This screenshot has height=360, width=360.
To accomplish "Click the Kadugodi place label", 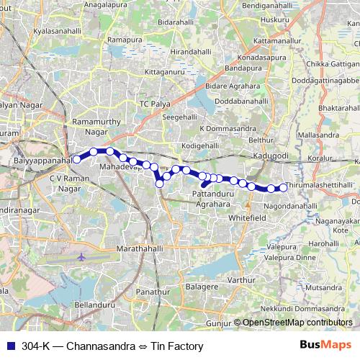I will [271, 156].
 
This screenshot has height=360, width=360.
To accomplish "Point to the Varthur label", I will [241, 279].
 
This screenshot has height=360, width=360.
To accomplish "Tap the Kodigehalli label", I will [199, 145].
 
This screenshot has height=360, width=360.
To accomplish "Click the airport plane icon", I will [81, 256].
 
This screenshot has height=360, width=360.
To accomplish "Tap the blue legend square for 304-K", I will [11, 345].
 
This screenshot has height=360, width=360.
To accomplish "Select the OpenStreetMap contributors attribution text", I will [298, 323].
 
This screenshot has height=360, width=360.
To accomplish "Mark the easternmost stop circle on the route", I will [283, 188].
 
